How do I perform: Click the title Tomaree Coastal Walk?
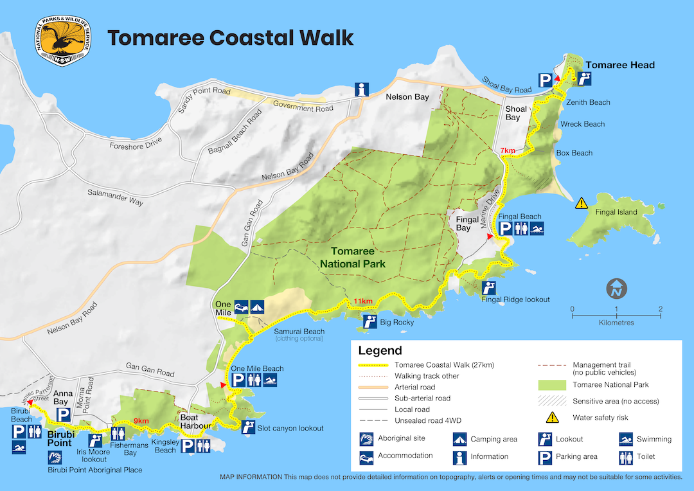[231, 38]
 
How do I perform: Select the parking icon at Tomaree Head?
[545, 80]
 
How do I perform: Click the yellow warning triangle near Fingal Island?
[582, 203]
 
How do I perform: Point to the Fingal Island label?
[617, 212]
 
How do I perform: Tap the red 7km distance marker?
[508, 150]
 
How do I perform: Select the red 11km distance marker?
[362, 301]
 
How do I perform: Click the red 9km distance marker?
[141, 422]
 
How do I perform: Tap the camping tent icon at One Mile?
[258, 307]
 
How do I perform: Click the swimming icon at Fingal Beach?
[537, 229]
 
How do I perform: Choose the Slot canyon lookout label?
[290, 428]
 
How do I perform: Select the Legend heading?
[380, 350]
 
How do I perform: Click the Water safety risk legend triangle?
[552, 418]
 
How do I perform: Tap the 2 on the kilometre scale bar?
[660, 309]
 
